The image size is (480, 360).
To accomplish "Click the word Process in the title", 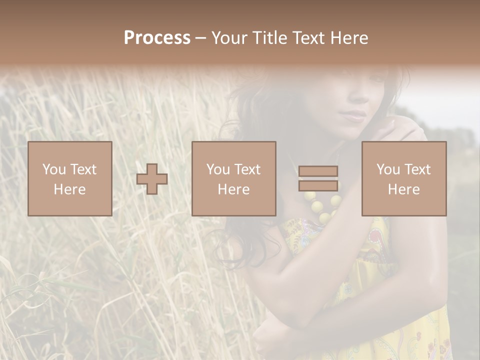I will pyautogui.click(x=157, y=38).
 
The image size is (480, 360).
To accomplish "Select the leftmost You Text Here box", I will pyautogui.click(x=69, y=178).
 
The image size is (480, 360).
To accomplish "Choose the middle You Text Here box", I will pyautogui.click(x=233, y=178).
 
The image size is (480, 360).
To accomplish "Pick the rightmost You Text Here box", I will pyautogui.click(x=403, y=178).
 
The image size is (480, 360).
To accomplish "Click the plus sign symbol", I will pyautogui.click(x=152, y=179).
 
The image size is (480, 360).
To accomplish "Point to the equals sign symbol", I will pyautogui.click(x=318, y=178).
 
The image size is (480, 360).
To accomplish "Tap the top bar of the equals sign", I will pyautogui.click(x=318, y=171).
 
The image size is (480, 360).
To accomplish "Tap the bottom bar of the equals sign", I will pyautogui.click(x=318, y=185).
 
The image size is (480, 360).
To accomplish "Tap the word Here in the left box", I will pyautogui.click(x=69, y=189).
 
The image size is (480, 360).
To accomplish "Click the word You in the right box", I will pyautogui.click(x=388, y=169).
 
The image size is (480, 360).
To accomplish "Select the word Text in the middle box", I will pyautogui.click(x=248, y=169).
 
